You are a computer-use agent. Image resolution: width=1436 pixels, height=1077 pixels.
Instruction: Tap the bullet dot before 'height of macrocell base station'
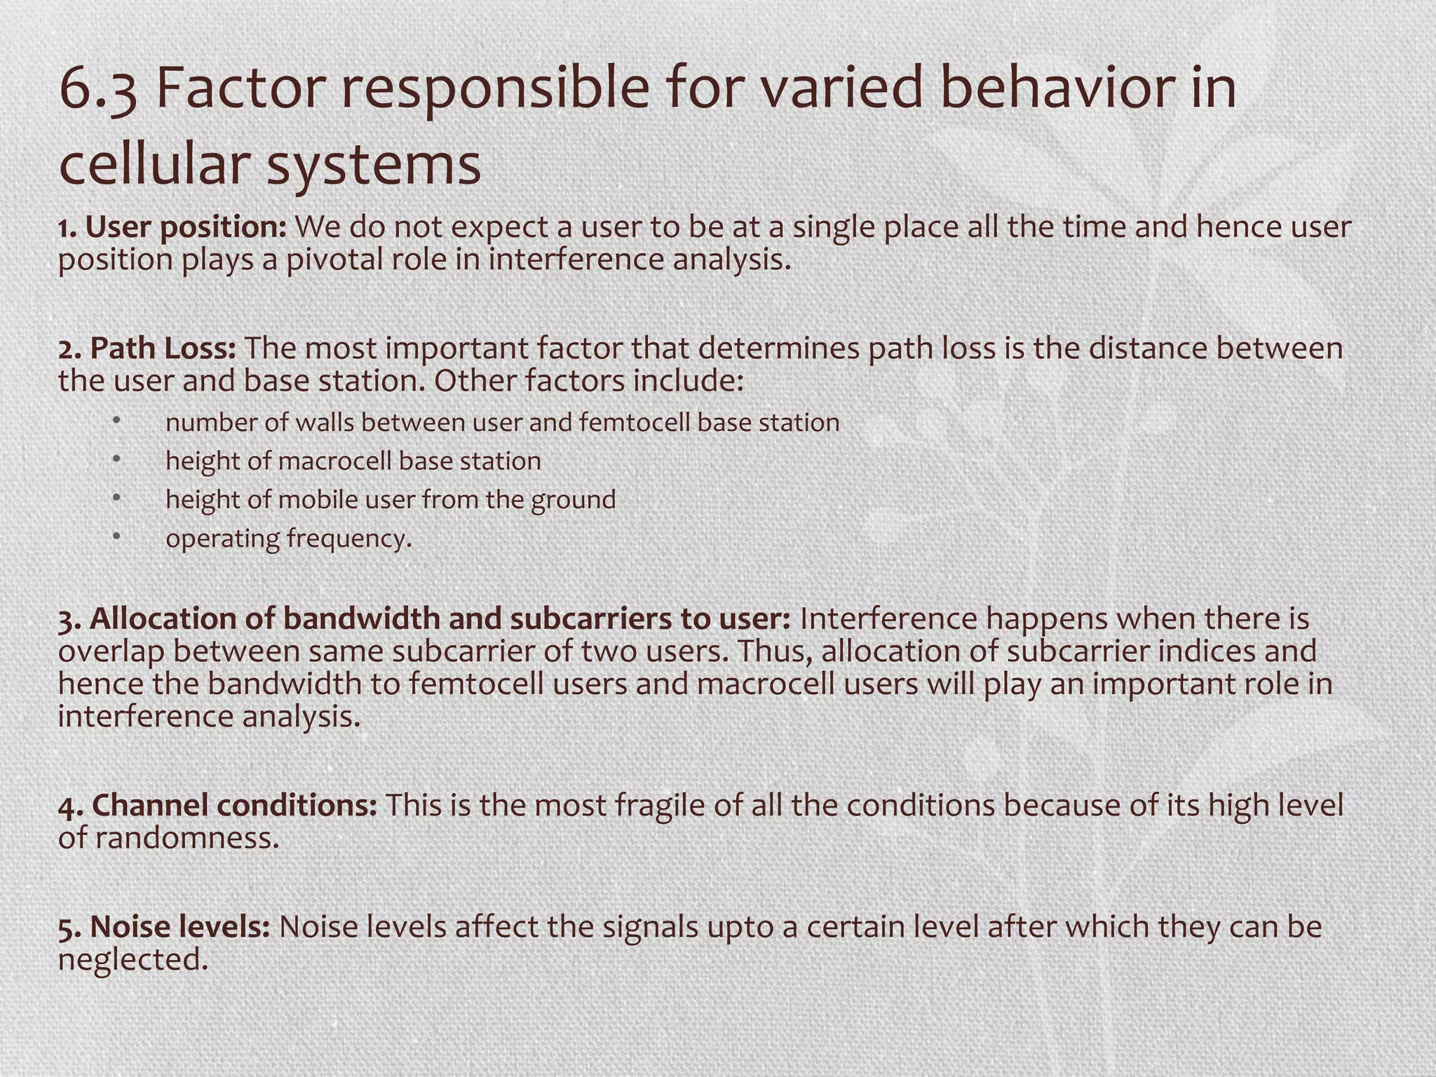116,459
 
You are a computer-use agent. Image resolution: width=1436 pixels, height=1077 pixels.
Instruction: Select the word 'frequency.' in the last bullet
349,538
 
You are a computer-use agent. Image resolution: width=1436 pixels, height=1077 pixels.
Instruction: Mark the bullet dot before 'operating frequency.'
116,536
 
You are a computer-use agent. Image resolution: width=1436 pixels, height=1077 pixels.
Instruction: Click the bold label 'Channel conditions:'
217,806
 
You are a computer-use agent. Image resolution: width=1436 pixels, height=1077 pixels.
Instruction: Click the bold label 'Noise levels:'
164,927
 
